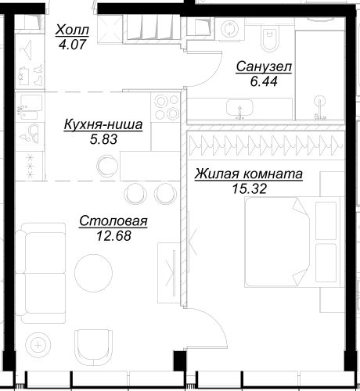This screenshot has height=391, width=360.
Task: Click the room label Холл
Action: [72, 30]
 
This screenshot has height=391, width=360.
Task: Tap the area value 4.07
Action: [72, 45]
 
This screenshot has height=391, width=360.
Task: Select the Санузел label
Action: [264, 66]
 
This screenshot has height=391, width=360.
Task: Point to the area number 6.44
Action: [264, 81]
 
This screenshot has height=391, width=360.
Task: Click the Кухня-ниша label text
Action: [103, 124]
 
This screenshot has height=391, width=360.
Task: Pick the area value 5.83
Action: [103, 139]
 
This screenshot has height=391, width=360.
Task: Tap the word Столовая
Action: [113, 221]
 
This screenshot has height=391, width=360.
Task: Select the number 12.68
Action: [113, 236]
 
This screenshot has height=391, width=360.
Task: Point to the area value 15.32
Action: [250, 188]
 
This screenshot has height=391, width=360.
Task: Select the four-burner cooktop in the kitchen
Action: [166, 107]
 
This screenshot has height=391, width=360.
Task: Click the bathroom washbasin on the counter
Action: [239, 108]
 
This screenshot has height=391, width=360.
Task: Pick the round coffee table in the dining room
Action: [93, 273]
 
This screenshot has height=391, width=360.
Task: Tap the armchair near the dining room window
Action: [93, 348]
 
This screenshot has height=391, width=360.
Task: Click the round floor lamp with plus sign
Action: [38, 346]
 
